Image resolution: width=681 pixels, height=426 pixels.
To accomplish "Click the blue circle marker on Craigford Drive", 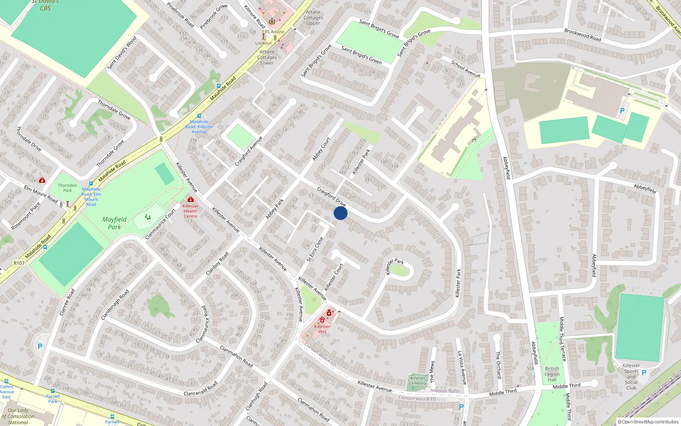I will coord(340,213).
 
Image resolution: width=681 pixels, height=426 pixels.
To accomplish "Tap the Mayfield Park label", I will coord(114,223).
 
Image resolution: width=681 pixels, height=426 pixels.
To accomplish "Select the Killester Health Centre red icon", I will coord(191,199).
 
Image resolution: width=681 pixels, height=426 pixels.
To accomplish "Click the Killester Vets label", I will coord(322,329).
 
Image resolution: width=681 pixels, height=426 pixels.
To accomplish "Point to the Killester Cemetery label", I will coord(418,380).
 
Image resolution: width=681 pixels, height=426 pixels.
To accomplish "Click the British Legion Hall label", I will coord(552,374).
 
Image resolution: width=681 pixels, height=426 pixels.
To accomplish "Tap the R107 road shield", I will coord(19,263).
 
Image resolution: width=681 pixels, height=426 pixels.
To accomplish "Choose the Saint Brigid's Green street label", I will coord(361,55).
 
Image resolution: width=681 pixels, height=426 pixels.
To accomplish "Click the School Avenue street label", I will coord(466,69).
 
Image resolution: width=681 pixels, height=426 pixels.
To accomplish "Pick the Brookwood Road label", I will coord(583,35).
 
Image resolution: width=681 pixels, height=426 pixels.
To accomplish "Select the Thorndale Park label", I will coord(68,188).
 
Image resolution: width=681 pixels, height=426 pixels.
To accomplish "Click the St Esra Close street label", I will coord(315,249).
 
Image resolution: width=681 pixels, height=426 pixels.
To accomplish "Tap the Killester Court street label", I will coord(334,277).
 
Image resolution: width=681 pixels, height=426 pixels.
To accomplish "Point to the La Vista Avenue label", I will coord(461,368).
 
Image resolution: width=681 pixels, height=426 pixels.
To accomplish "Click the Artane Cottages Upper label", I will coord(313,17).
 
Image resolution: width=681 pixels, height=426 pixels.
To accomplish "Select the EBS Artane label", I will coord(273,32).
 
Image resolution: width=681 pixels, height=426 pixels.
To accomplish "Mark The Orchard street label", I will coord(498,365).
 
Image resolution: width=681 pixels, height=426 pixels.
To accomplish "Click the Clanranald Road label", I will coord(200,389).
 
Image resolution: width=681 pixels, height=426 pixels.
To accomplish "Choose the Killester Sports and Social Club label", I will coord(631,377).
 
